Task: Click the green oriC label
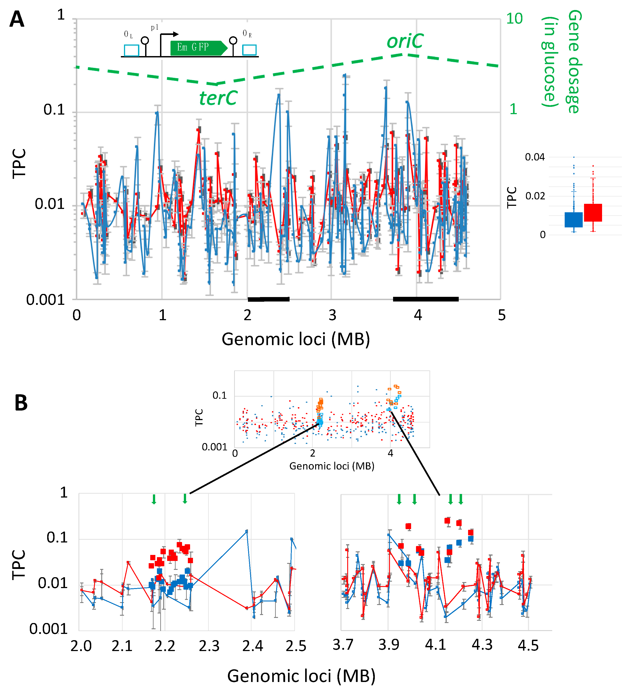point(405,41)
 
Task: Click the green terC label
point(218,98)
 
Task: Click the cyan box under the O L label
point(131,51)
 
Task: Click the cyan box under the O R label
point(249,50)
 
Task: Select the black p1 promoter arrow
point(169,34)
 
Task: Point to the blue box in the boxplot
point(573,220)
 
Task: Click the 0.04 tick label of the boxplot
point(534,158)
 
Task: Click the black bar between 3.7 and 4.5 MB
point(426,299)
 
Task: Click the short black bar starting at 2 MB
point(268,299)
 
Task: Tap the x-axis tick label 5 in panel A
point(501,315)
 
